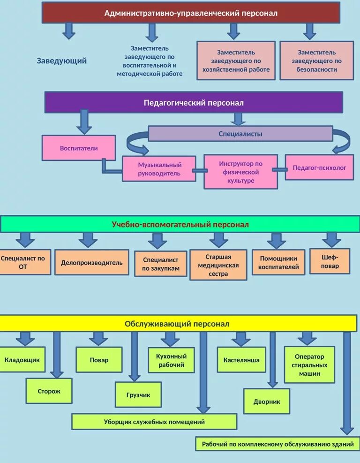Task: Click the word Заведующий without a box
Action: pos(62,61)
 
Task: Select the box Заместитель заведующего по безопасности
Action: pos(316,61)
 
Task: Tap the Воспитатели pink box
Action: pos(79,148)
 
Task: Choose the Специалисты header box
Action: pos(240,134)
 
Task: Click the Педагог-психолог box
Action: pos(319,167)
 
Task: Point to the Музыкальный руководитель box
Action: pos(159,169)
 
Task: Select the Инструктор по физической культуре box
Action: pos(240,172)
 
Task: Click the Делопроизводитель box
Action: pos(92,263)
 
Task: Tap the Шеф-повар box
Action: pos(330,261)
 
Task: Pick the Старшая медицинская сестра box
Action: pos(218,266)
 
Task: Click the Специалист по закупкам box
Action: pos(161,264)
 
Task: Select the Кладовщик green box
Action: pos(22,360)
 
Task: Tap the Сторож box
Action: pos(49,391)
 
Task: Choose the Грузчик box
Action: pos(138,395)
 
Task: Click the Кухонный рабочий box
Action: pos(171,360)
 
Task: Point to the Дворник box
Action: pos(267,402)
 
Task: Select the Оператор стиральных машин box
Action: pos(309,365)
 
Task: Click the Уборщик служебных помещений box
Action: pos(154,422)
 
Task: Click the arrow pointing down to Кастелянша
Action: pos(241,339)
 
